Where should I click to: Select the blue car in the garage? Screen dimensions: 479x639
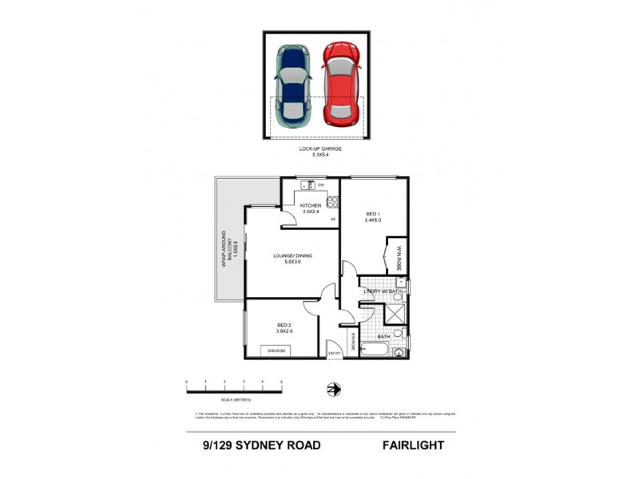(x=293, y=85)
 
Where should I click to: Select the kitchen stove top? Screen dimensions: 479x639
(x=332, y=203)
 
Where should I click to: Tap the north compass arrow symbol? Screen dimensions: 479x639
(x=334, y=389)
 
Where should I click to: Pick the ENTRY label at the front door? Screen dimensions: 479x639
(x=334, y=354)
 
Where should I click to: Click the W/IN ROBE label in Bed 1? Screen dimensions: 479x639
(x=397, y=257)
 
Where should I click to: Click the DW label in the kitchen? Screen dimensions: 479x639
(x=320, y=185)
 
